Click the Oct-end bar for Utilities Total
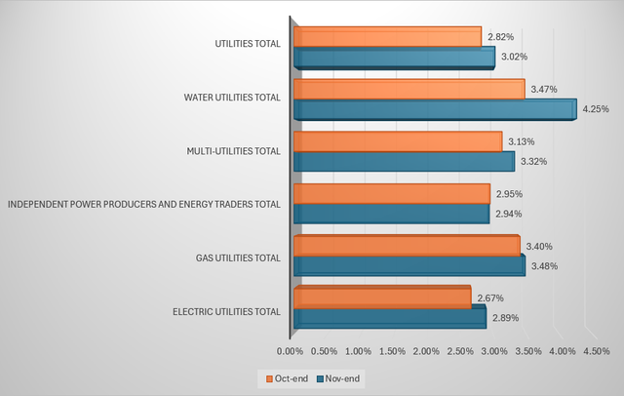point(386,37)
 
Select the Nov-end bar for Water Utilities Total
point(434,109)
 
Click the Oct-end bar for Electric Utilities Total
point(381,297)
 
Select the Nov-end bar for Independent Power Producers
point(390,213)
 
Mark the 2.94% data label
point(507,213)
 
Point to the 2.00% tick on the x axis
point(426,350)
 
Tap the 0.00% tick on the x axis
point(291,350)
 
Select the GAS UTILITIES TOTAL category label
point(238,258)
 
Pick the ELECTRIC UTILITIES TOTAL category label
point(226,312)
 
